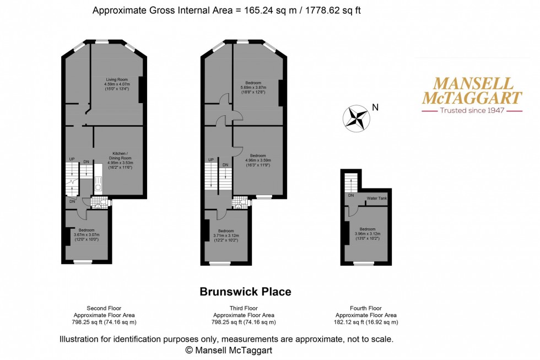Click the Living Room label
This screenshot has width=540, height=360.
click(x=117, y=79)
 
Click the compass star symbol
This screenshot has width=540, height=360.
click(x=355, y=118)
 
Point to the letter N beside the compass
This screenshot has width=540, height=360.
click(x=375, y=108)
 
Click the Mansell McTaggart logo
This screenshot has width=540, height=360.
click(x=471, y=91)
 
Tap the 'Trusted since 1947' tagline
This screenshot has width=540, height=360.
click(x=472, y=111)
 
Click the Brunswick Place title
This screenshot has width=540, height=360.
click(x=245, y=292)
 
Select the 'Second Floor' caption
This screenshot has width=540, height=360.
click(x=104, y=308)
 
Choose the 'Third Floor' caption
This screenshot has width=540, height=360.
click(x=244, y=308)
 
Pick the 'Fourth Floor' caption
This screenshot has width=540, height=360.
click(x=366, y=308)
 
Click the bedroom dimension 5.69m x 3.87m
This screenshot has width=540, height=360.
click(x=253, y=87)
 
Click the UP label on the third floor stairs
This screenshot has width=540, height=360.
click(x=210, y=160)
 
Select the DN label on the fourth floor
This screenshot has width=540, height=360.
click(x=350, y=195)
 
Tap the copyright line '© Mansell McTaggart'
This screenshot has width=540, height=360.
click(x=229, y=350)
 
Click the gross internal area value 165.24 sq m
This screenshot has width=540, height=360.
click(x=261, y=10)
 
